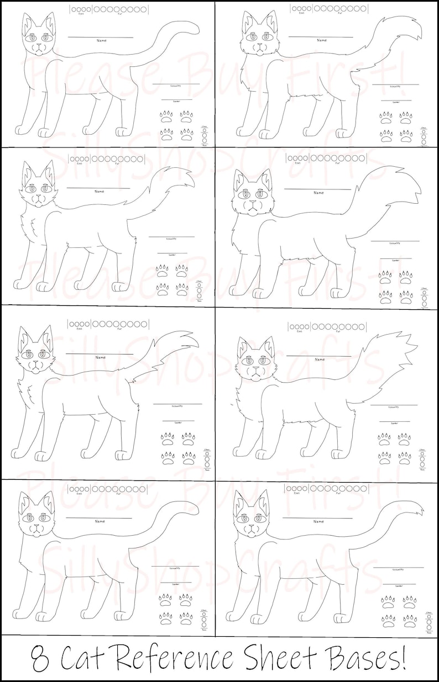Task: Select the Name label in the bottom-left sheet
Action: click(100, 521)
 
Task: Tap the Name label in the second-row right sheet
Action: click(319, 193)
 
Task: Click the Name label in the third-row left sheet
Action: click(100, 357)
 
